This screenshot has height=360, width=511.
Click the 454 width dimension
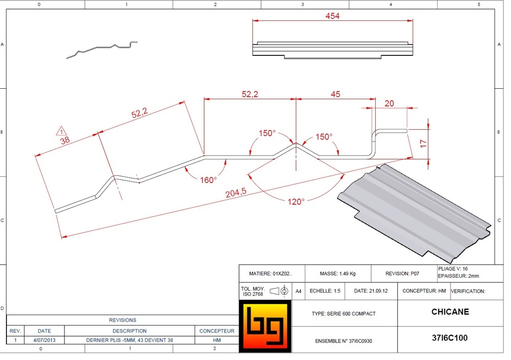click(x=332, y=16)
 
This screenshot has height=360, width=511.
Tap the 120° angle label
click(x=295, y=201)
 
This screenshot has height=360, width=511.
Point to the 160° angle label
click(x=209, y=180)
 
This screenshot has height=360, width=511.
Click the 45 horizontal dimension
click(x=335, y=94)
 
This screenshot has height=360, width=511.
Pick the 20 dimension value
click(x=389, y=103)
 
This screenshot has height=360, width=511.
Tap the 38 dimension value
click(x=65, y=141)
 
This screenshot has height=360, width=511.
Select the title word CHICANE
click(x=450, y=312)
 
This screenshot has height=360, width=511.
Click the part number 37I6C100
click(x=450, y=338)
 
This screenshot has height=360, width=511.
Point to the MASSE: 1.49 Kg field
click(x=338, y=274)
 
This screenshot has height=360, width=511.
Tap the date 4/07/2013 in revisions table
click(x=44, y=340)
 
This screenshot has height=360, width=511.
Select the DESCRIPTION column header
click(x=129, y=331)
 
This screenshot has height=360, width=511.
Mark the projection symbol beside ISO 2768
click(x=279, y=291)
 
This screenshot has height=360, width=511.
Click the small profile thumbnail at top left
click(x=102, y=49)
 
